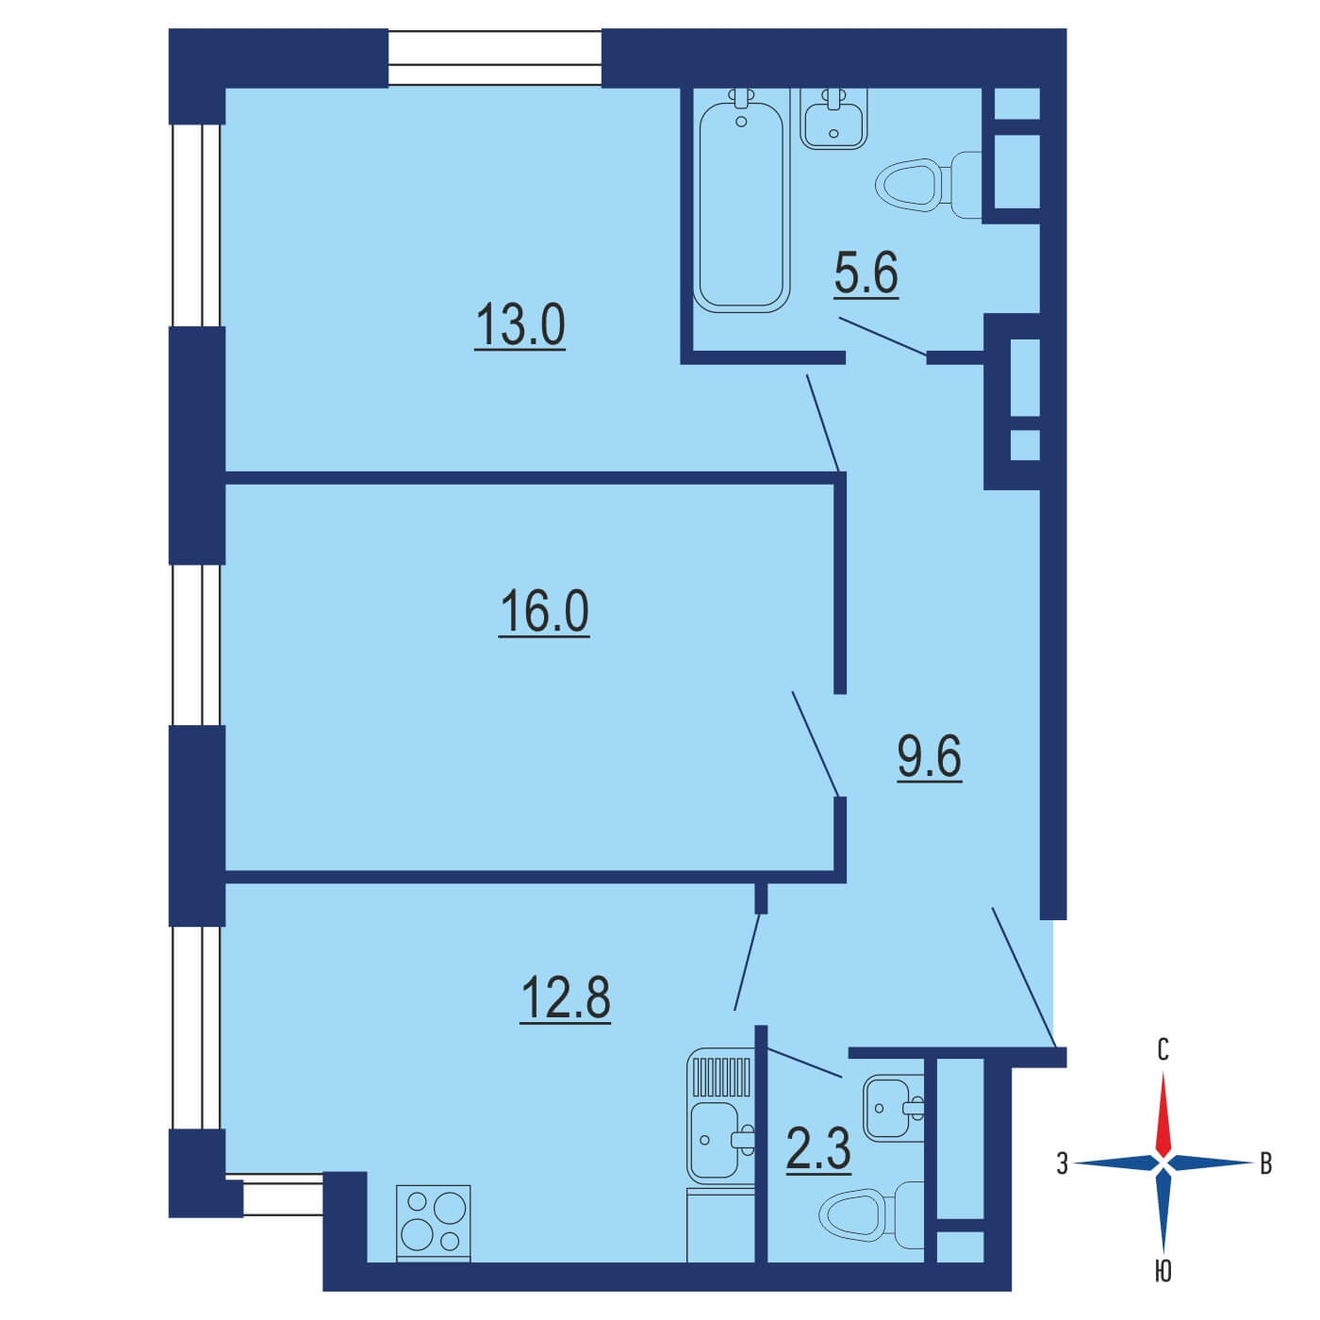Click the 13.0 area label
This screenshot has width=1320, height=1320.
click(520, 327)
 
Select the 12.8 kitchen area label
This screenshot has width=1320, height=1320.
click(565, 998)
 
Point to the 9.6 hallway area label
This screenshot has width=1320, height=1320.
click(930, 757)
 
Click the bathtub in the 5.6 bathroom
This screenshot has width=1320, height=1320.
click(741, 201)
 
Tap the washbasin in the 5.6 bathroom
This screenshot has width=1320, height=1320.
click(833, 119)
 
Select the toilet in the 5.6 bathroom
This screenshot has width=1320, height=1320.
click(928, 185)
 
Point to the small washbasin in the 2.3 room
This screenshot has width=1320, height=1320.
click(893, 1108)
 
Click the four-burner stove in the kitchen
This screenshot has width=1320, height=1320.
click(434, 1224)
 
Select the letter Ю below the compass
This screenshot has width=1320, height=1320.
click(1163, 1291)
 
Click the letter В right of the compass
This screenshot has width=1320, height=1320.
click(1266, 1164)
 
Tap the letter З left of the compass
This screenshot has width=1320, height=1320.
click(1062, 1164)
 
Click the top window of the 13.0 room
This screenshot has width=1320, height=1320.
click(495, 58)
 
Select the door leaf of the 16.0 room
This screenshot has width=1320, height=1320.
click(816, 745)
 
